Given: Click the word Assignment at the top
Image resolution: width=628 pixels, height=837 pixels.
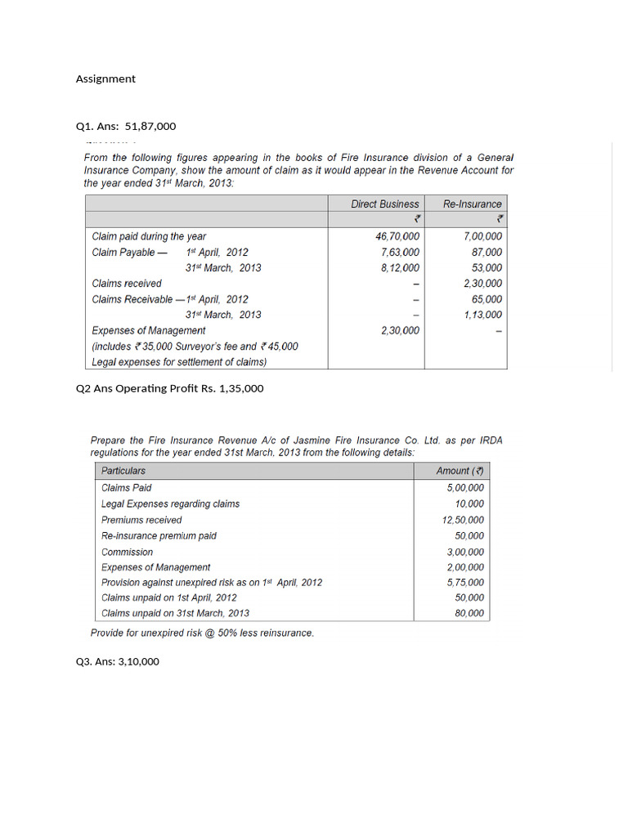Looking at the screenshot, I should coord(105,79).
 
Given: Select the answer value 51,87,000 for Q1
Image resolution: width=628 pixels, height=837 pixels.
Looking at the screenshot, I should coord(150,127).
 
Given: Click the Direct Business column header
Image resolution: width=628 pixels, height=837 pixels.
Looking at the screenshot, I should coord(384,204).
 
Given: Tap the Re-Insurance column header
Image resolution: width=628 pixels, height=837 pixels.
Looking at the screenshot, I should coord(473,204).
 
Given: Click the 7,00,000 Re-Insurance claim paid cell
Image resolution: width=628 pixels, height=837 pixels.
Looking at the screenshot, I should coord(482,236).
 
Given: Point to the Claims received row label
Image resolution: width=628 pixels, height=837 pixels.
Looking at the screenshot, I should coord(127,284).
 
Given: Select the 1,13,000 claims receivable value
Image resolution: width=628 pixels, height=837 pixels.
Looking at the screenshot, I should coord(482,315).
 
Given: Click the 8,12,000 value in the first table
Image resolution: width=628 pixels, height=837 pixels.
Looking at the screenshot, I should coord(400,268).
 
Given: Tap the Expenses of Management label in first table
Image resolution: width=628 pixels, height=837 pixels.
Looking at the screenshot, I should coord(149,330).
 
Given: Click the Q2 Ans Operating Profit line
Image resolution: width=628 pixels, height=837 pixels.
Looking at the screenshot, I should coord(169,389).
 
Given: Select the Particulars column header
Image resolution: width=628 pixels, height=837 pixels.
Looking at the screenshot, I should coord(123,471).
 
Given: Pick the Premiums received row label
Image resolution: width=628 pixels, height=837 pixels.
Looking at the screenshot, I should coord(141,520).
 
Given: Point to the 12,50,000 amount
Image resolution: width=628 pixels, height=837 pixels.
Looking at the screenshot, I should coord(463,520).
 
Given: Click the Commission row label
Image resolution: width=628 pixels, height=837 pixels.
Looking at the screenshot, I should coord(127,552).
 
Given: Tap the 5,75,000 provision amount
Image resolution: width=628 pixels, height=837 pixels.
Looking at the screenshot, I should coord(464,583).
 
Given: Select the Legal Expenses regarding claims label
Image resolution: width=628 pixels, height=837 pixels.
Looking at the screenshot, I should coord(170,504).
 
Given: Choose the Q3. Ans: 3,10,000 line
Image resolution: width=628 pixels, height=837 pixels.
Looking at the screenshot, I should coord(117,662).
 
